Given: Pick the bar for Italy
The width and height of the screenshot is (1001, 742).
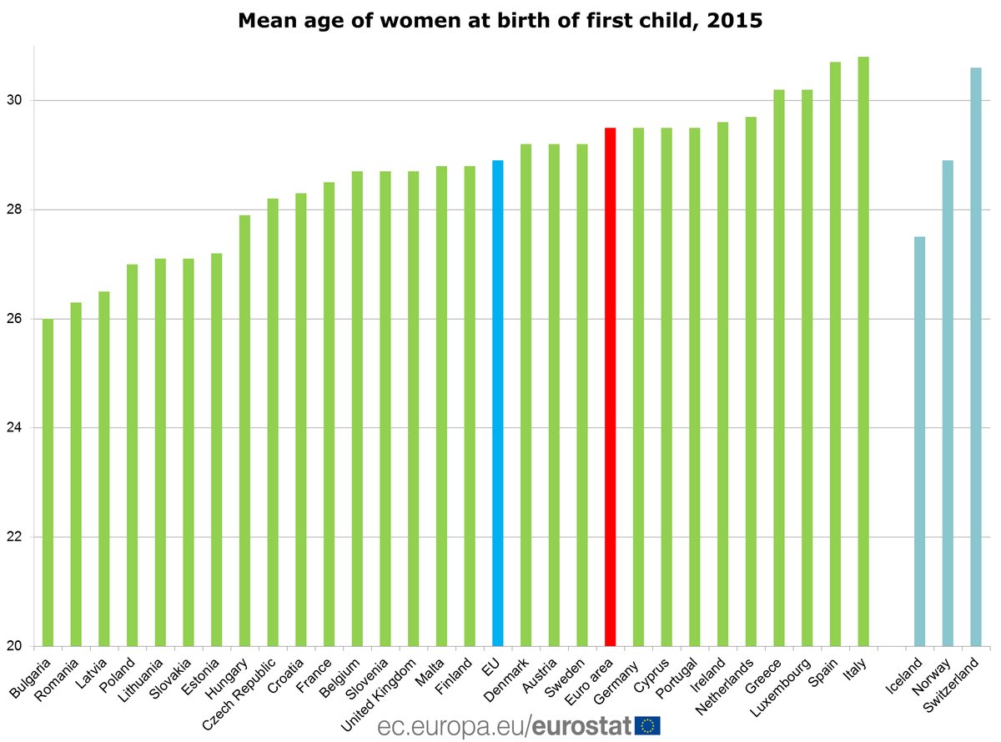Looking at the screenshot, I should [x=863, y=351].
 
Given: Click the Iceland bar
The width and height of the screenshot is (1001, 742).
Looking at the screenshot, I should [x=919, y=442].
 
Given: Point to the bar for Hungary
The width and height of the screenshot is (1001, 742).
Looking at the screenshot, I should [x=244, y=431].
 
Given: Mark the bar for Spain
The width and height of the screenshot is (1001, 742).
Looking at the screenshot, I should [x=835, y=354].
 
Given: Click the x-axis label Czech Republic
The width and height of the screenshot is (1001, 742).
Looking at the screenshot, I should [x=249, y=692].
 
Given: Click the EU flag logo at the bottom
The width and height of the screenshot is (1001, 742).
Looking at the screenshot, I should [x=647, y=724].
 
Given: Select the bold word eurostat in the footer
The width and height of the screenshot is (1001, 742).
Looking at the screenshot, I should [x=581, y=724].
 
